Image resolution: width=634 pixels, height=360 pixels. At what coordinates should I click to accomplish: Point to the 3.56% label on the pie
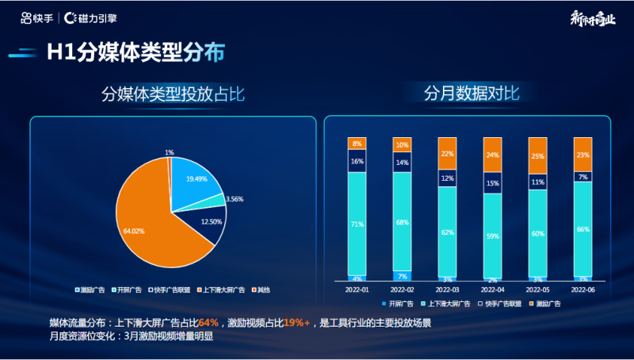click(235, 199)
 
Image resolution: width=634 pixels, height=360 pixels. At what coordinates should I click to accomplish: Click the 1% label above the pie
click(170, 152)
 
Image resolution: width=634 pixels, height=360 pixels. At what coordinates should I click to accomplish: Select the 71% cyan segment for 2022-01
click(357, 224)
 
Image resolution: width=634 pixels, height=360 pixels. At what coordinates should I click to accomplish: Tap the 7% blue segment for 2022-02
click(402, 276)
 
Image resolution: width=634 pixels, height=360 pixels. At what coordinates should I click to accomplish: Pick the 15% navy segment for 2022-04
click(492, 184)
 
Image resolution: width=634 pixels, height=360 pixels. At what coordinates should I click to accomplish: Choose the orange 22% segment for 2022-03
click(447, 154)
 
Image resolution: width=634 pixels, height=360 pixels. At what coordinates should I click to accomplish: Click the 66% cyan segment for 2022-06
click(582, 229)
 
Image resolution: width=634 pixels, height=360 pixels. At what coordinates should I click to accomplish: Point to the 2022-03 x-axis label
click(447, 290)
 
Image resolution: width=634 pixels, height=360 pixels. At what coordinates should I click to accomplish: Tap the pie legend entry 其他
click(262, 290)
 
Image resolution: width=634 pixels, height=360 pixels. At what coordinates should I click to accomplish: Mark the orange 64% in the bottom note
click(208, 323)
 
